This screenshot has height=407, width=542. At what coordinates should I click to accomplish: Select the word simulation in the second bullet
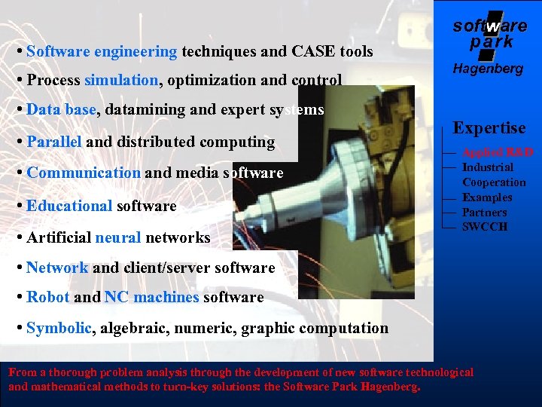(121, 80)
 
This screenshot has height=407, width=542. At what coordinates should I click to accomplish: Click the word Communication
(84, 173)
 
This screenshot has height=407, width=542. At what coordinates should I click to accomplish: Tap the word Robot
(47, 298)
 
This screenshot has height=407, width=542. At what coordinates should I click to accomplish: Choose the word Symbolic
(59, 329)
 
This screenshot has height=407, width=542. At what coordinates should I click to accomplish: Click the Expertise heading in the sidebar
(489, 128)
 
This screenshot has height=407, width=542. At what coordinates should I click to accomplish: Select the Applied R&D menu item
(498, 152)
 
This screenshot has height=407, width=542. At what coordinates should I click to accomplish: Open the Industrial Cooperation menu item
(494, 175)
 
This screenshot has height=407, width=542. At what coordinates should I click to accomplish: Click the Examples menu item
(487, 197)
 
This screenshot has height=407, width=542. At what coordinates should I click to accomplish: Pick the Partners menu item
(485, 213)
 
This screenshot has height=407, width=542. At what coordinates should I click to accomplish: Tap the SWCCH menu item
(485, 227)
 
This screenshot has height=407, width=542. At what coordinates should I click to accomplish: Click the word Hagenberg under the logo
(488, 69)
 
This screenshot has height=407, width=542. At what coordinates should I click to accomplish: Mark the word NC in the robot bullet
(117, 298)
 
